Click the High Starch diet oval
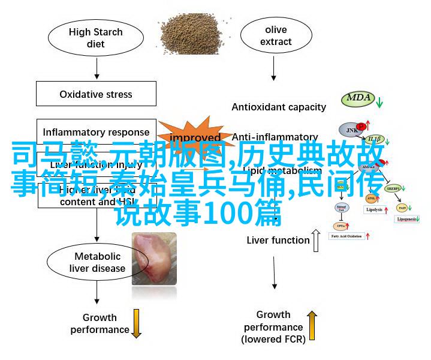click(x=94, y=38)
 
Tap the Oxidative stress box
click(x=96, y=94)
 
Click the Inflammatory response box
click(x=96, y=132)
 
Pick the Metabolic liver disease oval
click(x=95, y=263)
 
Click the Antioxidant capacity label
click(x=279, y=107)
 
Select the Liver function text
click(x=278, y=241)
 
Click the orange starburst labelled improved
click(x=195, y=137)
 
